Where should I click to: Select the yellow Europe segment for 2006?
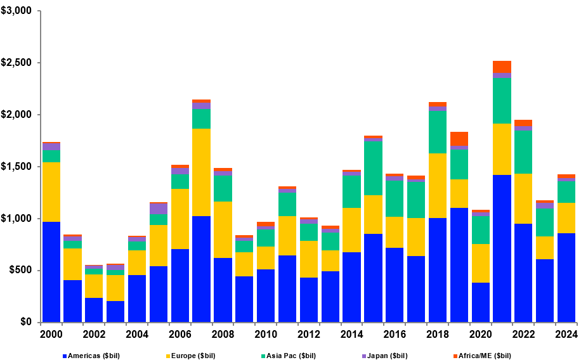click(180, 219)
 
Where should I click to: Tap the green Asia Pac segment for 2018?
click(437, 132)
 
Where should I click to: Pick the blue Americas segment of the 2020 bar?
click(480, 302)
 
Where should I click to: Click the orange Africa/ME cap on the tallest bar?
click(502, 67)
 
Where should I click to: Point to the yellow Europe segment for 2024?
click(566, 218)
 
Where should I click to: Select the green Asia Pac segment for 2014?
click(351, 191)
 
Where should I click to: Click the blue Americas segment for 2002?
click(94, 309)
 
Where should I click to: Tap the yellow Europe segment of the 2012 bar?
click(308, 259)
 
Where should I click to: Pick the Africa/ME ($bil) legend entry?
click(484, 356)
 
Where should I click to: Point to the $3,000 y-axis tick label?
click(17, 11)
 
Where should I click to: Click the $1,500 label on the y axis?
click(17, 167)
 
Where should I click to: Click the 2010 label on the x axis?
click(266, 334)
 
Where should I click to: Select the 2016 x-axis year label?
click(395, 334)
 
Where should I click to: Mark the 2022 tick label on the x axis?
click(523, 334)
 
